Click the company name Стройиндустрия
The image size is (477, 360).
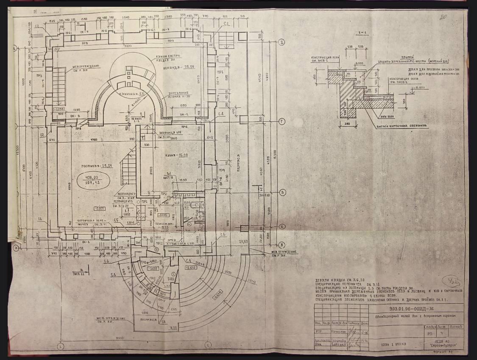click(445, 346)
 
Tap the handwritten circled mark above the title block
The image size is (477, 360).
click(447, 282)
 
